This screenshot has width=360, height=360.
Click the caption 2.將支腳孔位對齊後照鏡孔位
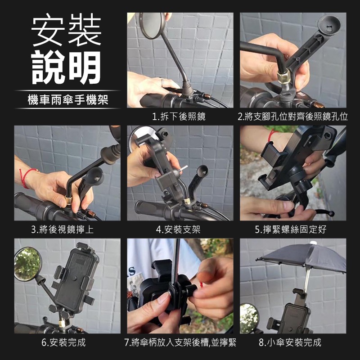pyautogui.click(x=293, y=117)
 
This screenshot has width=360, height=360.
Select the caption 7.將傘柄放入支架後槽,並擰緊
pyautogui.click(x=180, y=342)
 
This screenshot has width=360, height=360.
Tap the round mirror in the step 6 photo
pyautogui.click(x=27, y=264)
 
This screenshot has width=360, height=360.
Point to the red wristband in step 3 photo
pyautogui.click(x=26, y=176)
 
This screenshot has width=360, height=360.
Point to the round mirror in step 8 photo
pyautogui.click(x=249, y=317)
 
